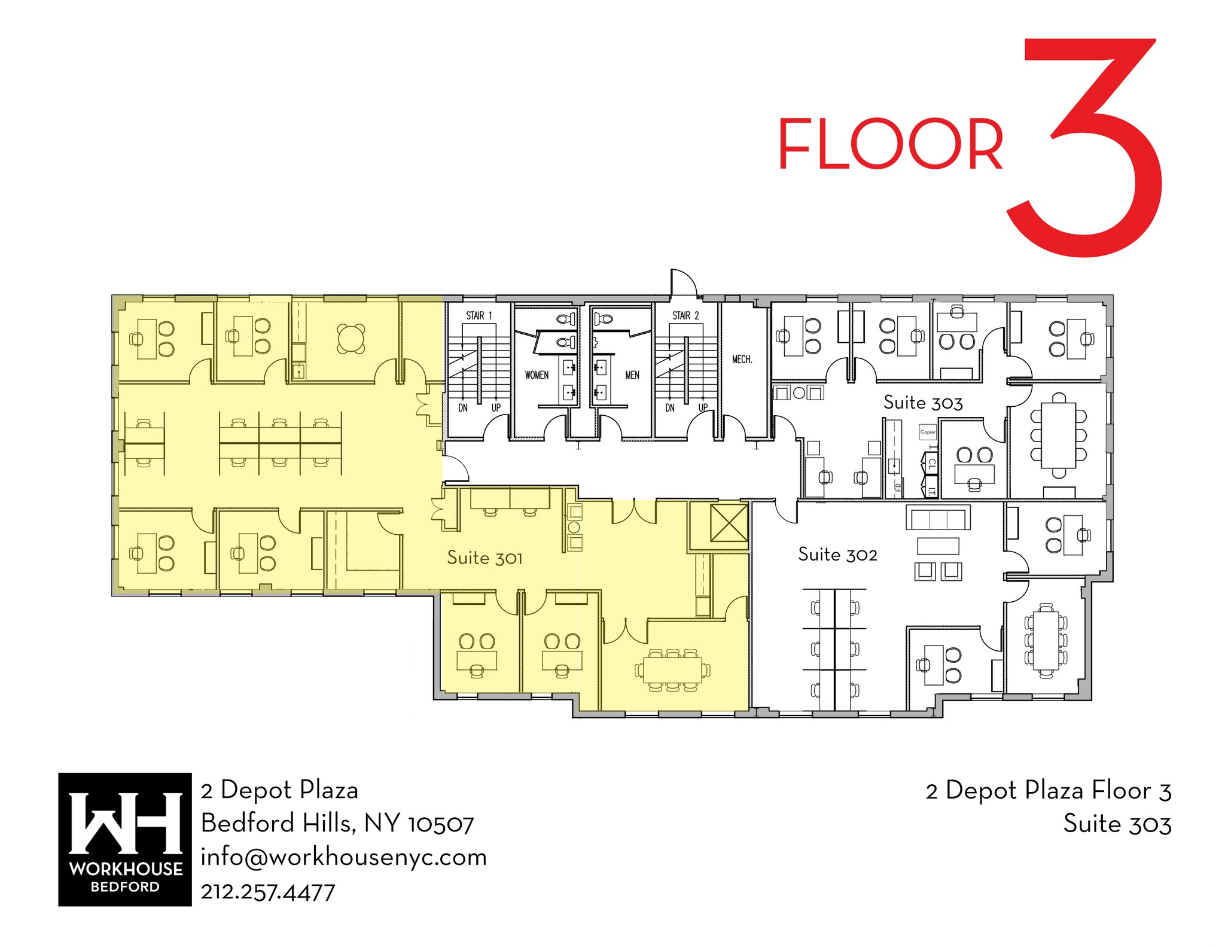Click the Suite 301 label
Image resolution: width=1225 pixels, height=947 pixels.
click(484, 558)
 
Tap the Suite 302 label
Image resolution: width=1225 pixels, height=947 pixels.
click(837, 554)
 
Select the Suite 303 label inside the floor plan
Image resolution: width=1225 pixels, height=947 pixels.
click(923, 403)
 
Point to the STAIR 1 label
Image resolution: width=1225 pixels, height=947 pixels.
click(479, 315)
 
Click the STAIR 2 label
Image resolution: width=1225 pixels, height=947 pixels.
click(685, 315)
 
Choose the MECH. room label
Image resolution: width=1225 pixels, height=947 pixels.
click(742, 359)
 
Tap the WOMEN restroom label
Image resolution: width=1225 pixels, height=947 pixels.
click(537, 375)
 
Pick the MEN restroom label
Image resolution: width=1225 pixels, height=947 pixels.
click(632, 375)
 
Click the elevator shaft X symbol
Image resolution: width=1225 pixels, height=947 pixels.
click(729, 522)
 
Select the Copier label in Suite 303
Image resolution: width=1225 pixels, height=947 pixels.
click(928, 432)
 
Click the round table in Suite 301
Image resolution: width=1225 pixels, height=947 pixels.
click(351, 339)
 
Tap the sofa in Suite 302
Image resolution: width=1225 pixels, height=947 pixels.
click(938, 518)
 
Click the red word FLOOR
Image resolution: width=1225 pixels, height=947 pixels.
click(890, 144)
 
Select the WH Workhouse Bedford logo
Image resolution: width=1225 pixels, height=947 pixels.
click(124, 839)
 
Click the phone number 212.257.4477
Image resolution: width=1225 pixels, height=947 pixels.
click(268, 892)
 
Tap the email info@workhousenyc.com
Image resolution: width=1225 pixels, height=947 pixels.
click(343, 857)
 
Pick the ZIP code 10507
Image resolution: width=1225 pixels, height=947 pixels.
click(441, 824)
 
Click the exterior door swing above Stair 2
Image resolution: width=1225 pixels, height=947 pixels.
click(683, 282)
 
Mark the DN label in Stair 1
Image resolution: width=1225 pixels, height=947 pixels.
click(463, 407)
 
